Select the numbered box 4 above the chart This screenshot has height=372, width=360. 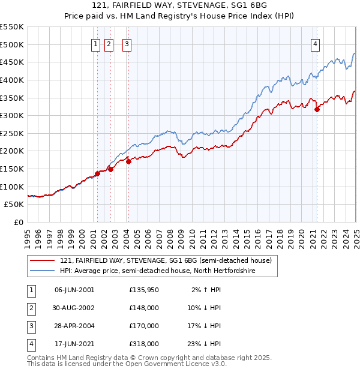[x=315, y=43]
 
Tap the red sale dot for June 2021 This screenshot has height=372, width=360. [x=317, y=109]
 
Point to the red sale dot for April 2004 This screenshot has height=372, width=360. [x=128, y=161]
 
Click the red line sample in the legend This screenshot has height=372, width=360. [x=42, y=260]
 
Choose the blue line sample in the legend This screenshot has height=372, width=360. [x=42, y=271]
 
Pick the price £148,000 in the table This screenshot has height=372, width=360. [x=144, y=308]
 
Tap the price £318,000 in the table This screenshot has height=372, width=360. [x=144, y=344]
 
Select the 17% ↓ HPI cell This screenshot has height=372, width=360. [x=206, y=326]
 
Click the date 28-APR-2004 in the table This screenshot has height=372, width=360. [x=74, y=326]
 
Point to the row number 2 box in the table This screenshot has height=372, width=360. [x=31, y=308]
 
